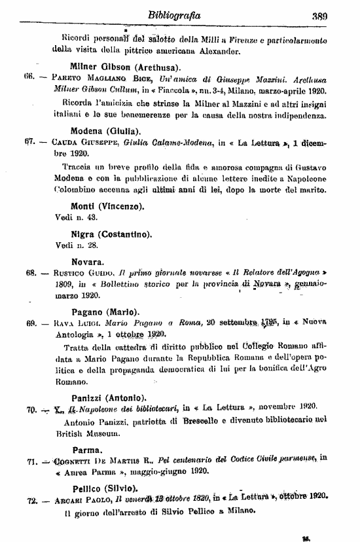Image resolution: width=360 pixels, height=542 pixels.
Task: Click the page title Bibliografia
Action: (x=174, y=14)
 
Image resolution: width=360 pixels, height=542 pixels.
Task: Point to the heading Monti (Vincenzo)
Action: (x=107, y=206)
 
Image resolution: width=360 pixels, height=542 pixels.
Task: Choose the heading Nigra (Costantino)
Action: (x=111, y=234)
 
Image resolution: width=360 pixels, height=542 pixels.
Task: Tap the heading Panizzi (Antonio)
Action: (x=108, y=397)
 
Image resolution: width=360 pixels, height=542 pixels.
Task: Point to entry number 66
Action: (x=29, y=77)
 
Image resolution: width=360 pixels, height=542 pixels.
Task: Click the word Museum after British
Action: (x=95, y=433)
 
